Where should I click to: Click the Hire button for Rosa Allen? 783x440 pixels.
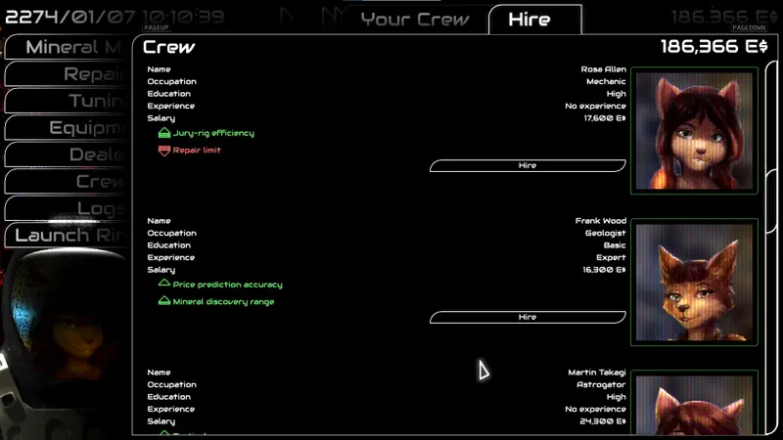(528, 166)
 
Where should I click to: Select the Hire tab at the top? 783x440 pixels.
(530, 20)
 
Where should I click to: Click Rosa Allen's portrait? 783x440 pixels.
(695, 130)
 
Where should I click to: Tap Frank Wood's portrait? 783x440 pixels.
(695, 282)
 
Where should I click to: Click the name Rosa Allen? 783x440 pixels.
(603, 69)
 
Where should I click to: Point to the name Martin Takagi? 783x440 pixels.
(597, 373)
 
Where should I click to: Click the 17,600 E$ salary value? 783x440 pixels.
(605, 118)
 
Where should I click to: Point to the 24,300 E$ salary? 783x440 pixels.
(605, 421)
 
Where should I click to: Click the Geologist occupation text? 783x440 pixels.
(605, 233)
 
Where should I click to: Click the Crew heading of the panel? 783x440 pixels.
(169, 47)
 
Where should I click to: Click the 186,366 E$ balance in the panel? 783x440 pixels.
(714, 47)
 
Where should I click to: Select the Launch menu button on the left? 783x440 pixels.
(69, 235)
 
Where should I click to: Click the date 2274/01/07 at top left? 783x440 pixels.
(69, 17)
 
